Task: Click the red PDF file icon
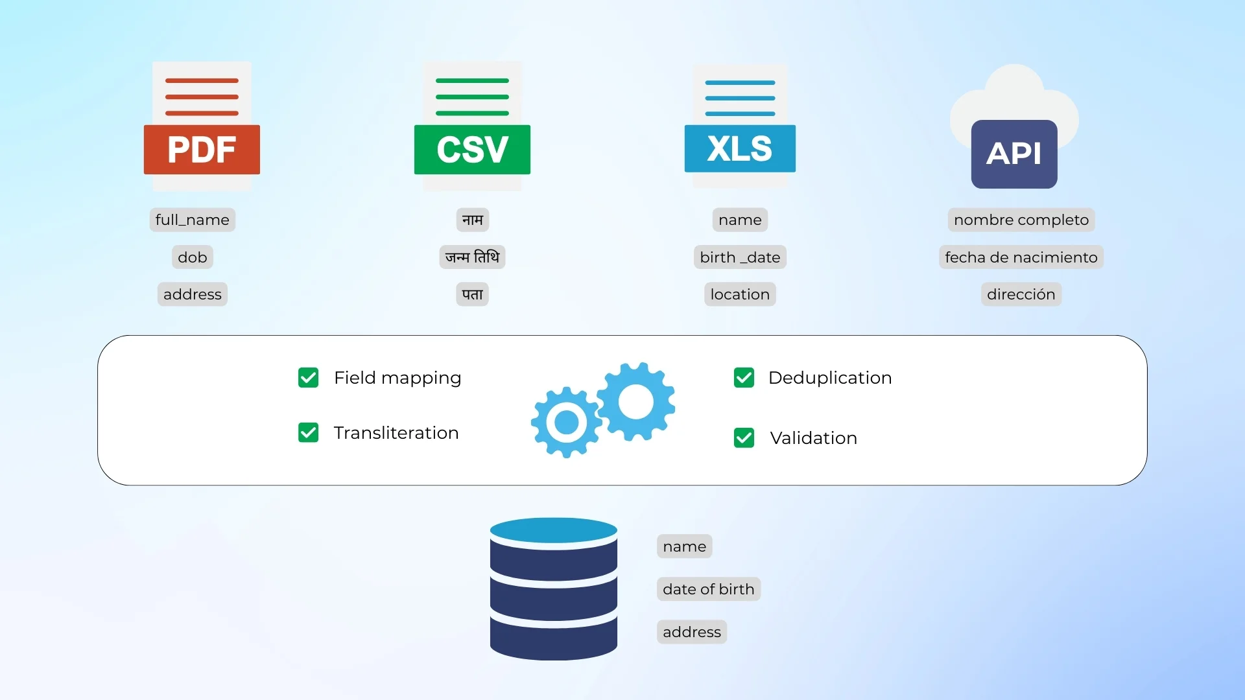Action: tap(202, 127)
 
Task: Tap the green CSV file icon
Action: tap(472, 127)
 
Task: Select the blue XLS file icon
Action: tap(740, 127)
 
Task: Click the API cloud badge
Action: tap(1014, 153)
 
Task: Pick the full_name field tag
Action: tap(192, 220)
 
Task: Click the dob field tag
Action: tap(192, 257)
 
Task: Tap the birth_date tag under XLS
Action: tap(740, 257)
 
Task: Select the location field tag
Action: tap(740, 294)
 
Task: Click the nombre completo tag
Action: tap(1021, 220)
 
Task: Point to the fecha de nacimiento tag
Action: tap(1021, 257)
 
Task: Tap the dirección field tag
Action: tap(1021, 294)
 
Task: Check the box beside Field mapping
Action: tap(309, 377)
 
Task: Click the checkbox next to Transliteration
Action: tap(309, 432)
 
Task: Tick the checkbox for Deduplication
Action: tap(744, 377)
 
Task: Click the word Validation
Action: tap(813, 438)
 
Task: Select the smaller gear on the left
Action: tap(566, 423)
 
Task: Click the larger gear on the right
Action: tap(636, 402)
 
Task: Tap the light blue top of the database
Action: tap(553, 530)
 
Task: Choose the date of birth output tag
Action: tap(708, 589)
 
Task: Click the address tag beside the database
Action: tap(691, 632)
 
